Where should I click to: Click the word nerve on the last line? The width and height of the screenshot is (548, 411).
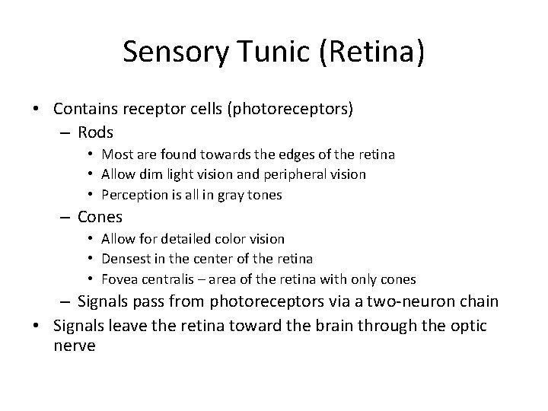[x=75, y=346]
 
